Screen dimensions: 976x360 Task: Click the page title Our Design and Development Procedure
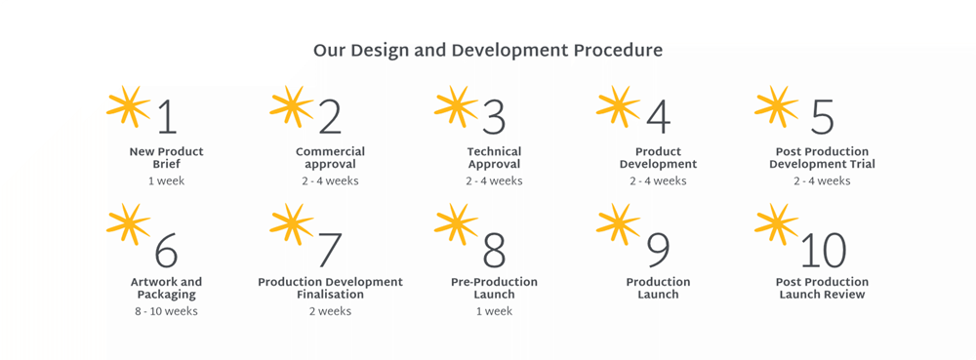tap(487, 51)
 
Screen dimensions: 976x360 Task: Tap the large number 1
tap(167, 116)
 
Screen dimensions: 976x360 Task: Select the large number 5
tap(822, 116)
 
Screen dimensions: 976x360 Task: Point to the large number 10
tap(823, 250)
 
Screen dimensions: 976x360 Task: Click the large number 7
tap(330, 250)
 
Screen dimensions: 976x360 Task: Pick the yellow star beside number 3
tap(456, 106)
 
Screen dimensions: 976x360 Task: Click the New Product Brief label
tap(166, 158)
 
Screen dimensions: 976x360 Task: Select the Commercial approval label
tap(330, 158)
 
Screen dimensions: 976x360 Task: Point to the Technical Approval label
tap(494, 158)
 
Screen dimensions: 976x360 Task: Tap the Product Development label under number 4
tap(658, 158)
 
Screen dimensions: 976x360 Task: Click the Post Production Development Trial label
tap(822, 158)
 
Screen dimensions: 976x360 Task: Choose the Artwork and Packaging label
tap(166, 289)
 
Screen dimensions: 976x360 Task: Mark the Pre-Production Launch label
tap(494, 289)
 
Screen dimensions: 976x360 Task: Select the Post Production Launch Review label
tap(822, 289)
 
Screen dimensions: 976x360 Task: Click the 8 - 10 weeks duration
tap(166, 311)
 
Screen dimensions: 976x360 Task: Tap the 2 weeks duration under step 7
tap(330, 311)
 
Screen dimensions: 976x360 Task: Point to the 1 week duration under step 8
tap(494, 311)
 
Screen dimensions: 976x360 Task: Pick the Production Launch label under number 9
tap(658, 289)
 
